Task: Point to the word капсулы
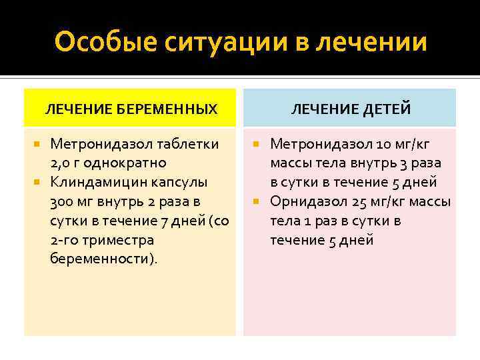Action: pos(179,182)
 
